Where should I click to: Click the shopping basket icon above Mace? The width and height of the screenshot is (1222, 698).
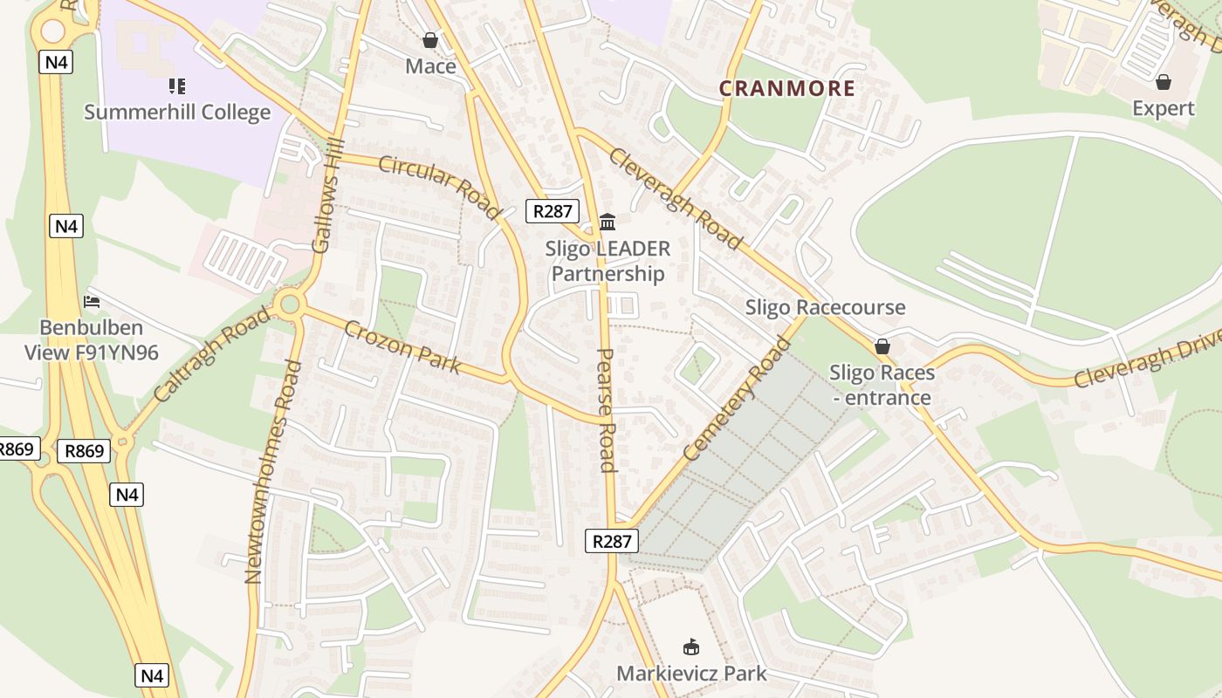[x=429, y=40]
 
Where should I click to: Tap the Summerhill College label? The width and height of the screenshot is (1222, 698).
[x=177, y=113]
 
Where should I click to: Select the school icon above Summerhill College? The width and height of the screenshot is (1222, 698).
[x=177, y=86]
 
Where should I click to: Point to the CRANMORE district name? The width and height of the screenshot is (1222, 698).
[x=786, y=88]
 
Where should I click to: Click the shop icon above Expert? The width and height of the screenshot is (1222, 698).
[x=1163, y=82]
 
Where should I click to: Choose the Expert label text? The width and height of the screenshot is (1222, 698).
[x=1163, y=108]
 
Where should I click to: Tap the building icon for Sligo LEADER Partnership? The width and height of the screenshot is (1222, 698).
[x=608, y=222]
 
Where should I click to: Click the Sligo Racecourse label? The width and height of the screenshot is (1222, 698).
[x=825, y=307]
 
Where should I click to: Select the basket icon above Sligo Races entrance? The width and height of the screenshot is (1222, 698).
[x=882, y=346]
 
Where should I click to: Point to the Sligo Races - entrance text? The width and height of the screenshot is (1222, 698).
[x=882, y=385]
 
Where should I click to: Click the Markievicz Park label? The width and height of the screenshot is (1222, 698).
[x=691, y=674]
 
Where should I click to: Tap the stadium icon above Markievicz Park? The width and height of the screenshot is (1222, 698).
[x=691, y=647]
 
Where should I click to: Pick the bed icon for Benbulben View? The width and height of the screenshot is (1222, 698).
[x=92, y=302]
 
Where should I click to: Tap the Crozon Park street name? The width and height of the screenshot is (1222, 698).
[x=402, y=346]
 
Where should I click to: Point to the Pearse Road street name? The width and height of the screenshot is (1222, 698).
[x=607, y=410]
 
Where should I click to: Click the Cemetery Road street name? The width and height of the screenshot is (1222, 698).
[x=738, y=398]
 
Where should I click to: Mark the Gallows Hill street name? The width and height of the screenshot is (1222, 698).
[x=328, y=196]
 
